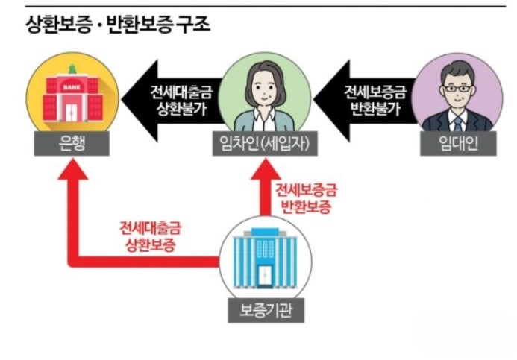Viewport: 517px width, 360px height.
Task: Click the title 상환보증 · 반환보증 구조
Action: tap(118, 25)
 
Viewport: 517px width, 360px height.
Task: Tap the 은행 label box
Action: tap(72, 143)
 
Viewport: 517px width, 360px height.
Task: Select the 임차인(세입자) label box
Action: tap(265, 143)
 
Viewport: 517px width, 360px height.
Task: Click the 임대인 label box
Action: tap(458, 143)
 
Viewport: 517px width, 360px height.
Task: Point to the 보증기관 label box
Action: tap(266, 310)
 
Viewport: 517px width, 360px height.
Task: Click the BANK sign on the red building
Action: tap(72, 88)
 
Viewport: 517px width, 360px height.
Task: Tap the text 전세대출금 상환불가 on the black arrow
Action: tap(181, 101)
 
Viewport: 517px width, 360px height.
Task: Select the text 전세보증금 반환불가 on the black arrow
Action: tap(375, 100)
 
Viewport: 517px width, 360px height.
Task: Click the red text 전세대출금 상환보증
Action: tap(151, 236)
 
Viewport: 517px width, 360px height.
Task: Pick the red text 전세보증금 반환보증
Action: tap(306, 198)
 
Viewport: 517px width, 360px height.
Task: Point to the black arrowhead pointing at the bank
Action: tap(140, 100)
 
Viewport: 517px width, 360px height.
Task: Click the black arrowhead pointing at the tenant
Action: tap(332, 100)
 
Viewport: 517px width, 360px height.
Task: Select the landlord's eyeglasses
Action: tap(457, 89)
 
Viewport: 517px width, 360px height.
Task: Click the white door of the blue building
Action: tap(265, 275)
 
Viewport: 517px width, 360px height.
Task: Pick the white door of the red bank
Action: tap(71, 113)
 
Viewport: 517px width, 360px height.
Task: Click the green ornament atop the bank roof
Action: tap(72, 69)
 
